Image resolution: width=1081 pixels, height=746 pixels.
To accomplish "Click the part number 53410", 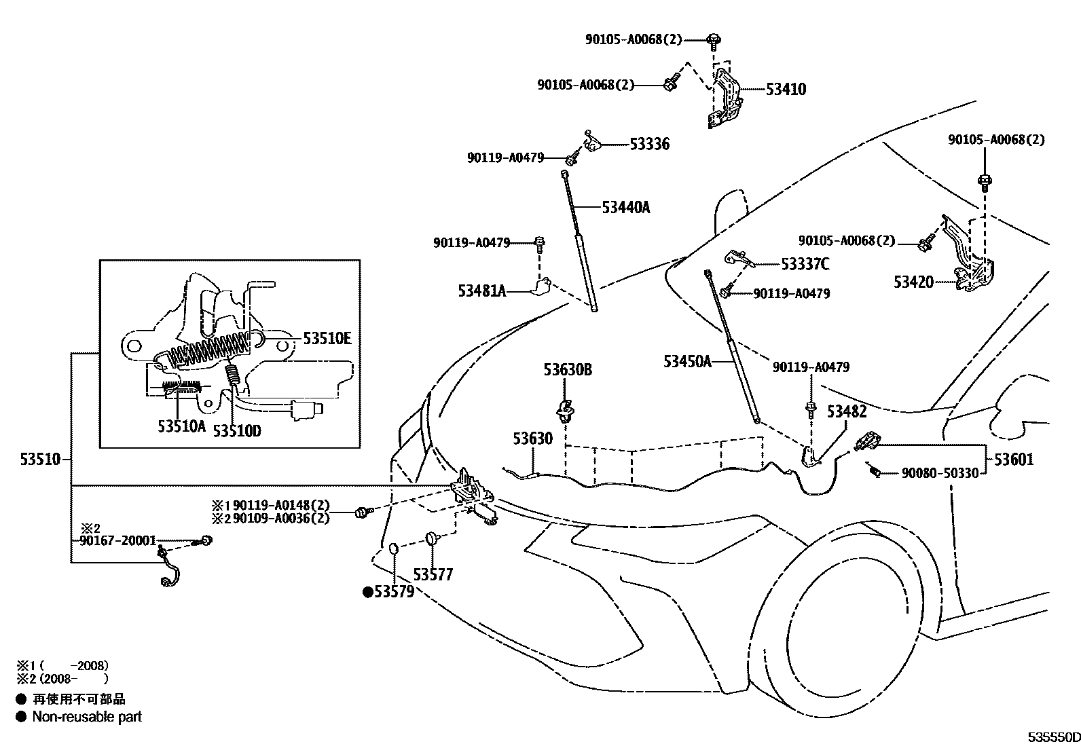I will pos(786,89).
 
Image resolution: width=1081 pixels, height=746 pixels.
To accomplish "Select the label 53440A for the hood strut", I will pos(625,207).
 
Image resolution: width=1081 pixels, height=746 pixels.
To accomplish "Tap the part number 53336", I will pos(649,144).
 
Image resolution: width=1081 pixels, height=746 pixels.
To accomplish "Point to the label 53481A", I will pos(482,291).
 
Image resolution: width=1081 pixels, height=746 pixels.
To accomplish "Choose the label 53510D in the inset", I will pos(237,430).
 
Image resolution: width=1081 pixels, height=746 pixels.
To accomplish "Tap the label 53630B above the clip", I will pos(567,370).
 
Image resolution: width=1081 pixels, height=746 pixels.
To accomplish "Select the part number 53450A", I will pos(687,361).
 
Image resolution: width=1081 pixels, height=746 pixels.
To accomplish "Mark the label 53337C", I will pos(805,264).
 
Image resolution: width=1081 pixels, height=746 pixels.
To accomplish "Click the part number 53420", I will pos(913,282).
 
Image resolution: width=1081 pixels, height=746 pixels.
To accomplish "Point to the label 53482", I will pos(846,411).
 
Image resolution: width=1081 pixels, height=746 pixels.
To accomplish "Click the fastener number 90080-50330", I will pos(940,473).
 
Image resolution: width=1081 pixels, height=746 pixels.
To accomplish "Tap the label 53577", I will pos(433,575).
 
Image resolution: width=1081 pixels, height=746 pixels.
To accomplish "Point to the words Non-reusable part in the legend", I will pos(87,717).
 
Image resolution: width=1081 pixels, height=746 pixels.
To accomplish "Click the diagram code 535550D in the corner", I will pos(1052,737).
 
